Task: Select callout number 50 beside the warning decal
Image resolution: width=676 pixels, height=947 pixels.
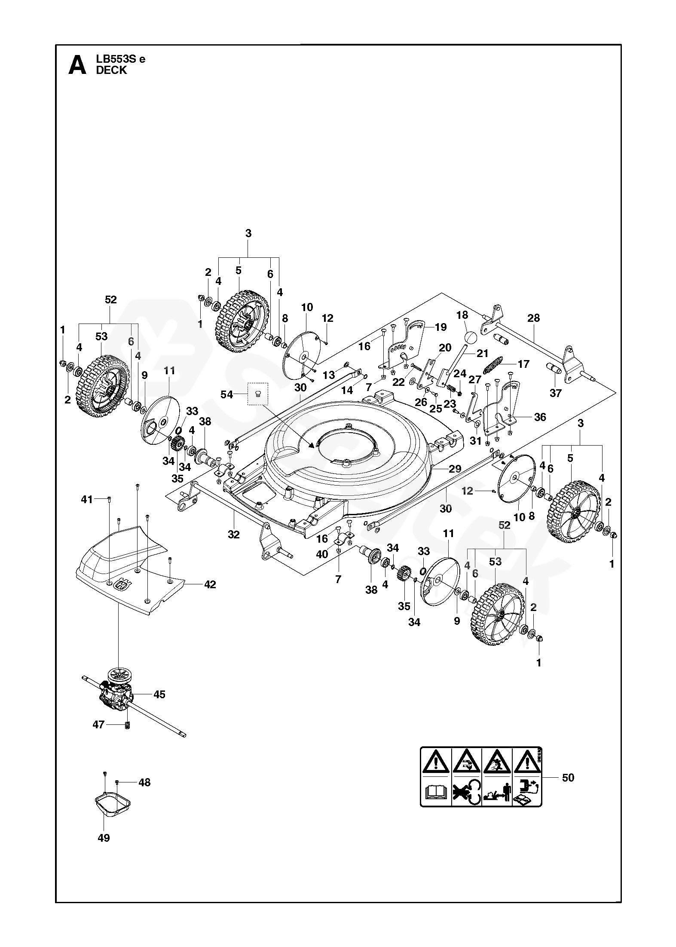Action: (568, 789)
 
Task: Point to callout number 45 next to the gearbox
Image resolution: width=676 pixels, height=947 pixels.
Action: (159, 694)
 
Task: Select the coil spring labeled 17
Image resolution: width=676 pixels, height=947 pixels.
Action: (495, 366)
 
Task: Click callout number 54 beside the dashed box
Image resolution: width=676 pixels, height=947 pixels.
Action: (226, 394)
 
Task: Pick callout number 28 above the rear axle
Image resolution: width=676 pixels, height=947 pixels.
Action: (533, 318)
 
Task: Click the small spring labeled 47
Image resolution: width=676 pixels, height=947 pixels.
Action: (127, 726)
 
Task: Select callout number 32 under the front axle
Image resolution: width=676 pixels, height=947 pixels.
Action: (233, 534)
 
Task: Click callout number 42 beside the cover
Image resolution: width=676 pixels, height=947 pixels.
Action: (210, 584)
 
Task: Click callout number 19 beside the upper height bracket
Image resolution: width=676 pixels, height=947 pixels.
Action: (440, 327)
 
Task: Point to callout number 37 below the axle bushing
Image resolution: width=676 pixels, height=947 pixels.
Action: (555, 393)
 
